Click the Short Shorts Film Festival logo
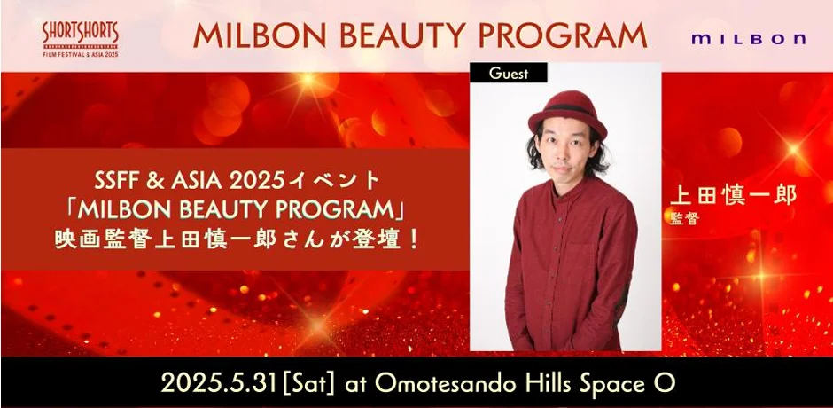click(x=81, y=40)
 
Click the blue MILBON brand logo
click(x=748, y=39)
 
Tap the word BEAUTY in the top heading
click(x=405, y=35)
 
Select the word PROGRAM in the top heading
click(x=564, y=35)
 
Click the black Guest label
click(x=509, y=73)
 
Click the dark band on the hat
click(x=567, y=109)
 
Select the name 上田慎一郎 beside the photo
click(x=733, y=195)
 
